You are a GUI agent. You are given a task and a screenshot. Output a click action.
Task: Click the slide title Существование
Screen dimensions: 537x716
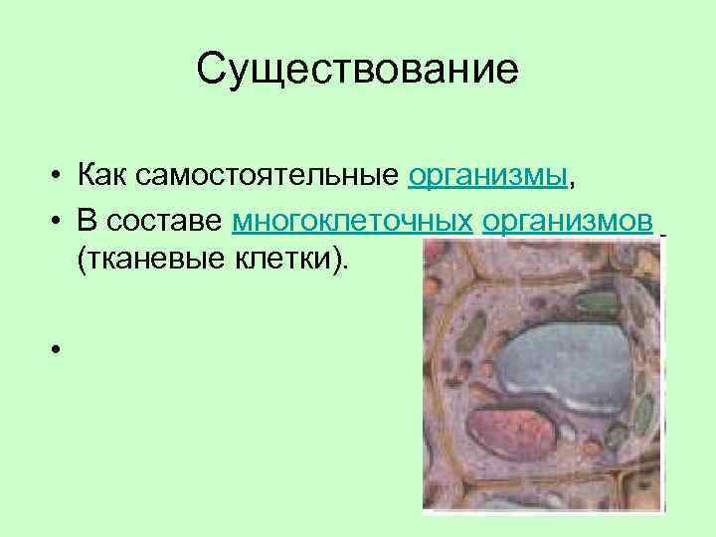(357, 71)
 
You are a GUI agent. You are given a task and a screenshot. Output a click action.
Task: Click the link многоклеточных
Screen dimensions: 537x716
(352, 220)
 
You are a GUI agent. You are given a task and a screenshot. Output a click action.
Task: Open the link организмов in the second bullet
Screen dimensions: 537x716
(568, 220)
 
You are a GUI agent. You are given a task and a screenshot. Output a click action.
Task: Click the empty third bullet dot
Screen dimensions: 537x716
(61, 350)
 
